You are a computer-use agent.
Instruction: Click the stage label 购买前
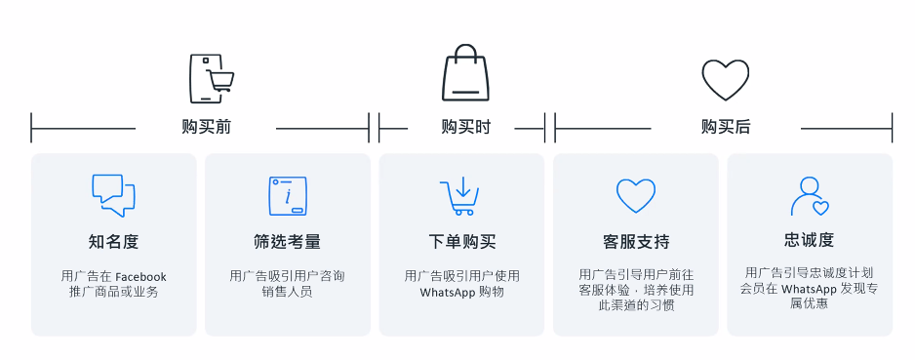click(206, 128)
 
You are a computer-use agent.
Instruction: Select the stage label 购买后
click(726, 128)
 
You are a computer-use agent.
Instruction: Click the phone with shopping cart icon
click(211, 78)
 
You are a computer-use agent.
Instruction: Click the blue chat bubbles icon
click(113, 195)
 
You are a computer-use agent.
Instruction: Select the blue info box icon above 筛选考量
click(287, 196)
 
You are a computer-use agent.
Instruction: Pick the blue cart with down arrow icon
click(459, 196)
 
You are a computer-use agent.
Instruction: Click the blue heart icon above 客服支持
click(635, 195)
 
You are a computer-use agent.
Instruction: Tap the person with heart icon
click(809, 196)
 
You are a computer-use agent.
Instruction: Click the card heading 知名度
click(113, 241)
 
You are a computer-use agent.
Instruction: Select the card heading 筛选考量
click(287, 241)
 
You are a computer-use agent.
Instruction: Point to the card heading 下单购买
click(461, 241)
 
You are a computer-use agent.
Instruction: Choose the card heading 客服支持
click(635, 241)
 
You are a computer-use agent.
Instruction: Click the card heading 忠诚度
click(809, 240)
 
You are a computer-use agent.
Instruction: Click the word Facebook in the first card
click(140, 276)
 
